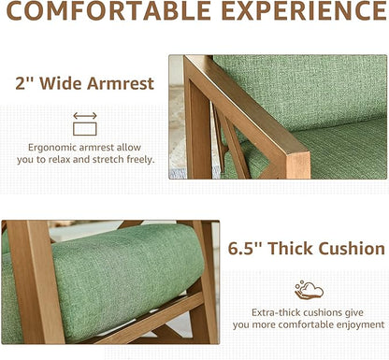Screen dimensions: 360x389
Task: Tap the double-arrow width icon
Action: click(85, 123)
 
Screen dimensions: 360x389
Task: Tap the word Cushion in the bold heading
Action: click(351, 249)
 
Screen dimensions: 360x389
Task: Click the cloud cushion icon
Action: click(309, 290)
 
